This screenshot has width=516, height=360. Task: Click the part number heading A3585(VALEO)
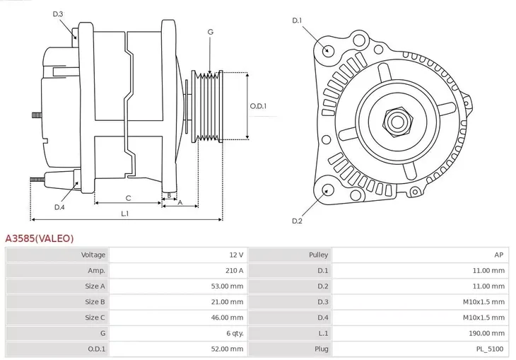tap(40, 239)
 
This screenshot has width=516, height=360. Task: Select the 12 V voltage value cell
tap(235, 255)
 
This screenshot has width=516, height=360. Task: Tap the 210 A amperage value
tap(234, 270)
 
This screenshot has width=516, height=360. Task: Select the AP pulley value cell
tap(498, 255)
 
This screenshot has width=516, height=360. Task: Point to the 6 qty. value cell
tap(232, 332)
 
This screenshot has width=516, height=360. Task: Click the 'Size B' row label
tap(95, 301)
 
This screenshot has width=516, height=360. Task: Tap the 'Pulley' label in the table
tap(318, 255)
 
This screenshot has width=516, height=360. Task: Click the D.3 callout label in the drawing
tap(58, 14)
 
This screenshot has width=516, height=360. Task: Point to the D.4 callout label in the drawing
tap(59, 207)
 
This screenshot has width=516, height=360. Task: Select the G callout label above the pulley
tap(210, 32)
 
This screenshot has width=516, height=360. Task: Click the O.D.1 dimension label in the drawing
tap(259, 106)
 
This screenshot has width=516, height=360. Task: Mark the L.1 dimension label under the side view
tap(124, 213)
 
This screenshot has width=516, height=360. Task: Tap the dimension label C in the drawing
tap(128, 198)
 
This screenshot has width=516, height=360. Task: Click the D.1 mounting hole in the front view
tap(327, 50)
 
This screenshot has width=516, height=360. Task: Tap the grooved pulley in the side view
tap(209, 106)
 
